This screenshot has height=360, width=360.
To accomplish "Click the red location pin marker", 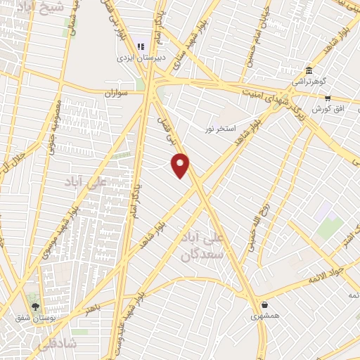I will [x=181, y=165].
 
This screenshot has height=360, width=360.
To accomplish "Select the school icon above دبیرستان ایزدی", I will [x=141, y=42].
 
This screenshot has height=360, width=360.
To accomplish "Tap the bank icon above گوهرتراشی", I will [x=309, y=70].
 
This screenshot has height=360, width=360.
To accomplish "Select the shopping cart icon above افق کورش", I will [x=327, y=98].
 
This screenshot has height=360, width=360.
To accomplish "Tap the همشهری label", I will [x=264, y=316].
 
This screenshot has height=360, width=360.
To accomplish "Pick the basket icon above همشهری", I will [x=264, y=305].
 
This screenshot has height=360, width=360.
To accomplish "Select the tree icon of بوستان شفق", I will [x=34, y=307].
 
